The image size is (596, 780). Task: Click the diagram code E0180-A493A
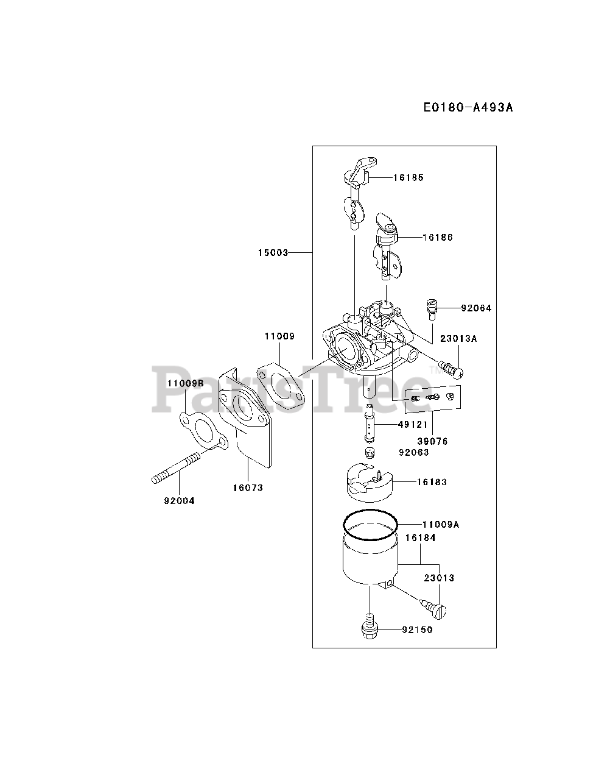coord(468,107)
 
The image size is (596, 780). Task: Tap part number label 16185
coord(408,178)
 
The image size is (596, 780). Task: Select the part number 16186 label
coord(438,237)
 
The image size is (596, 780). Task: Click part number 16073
coord(248,487)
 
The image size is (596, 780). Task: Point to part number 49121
coord(413,424)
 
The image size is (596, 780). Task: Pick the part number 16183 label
coord(432,482)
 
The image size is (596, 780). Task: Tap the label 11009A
coord(440,524)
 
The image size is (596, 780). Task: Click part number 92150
coord(417,629)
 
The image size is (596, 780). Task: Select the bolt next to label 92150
coord(370,629)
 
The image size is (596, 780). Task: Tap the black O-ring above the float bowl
coord(370,525)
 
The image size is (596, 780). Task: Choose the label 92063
coord(413,453)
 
